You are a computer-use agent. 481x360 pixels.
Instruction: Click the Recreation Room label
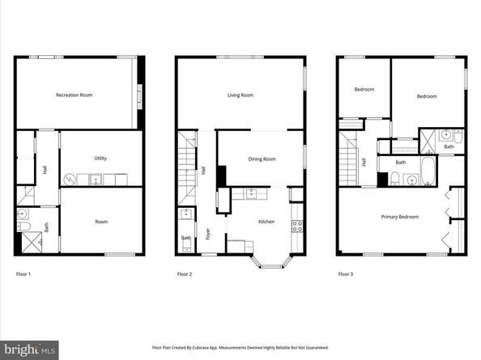click(x=74, y=95)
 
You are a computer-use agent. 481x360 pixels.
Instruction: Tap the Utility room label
click(x=100, y=159)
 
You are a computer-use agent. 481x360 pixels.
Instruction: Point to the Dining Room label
click(x=262, y=159)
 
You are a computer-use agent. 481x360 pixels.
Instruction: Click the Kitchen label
click(x=266, y=222)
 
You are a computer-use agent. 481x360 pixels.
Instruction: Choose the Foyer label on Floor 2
click(x=208, y=234)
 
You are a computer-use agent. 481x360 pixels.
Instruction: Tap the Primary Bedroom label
click(x=400, y=217)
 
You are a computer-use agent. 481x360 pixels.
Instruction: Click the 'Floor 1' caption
click(x=23, y=274)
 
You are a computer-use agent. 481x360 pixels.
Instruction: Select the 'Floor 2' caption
click(x=185, y=274)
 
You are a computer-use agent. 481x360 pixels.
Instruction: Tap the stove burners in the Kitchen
click(x=296, y=225)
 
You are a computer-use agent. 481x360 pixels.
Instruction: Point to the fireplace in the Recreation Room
click(x=138, y=96)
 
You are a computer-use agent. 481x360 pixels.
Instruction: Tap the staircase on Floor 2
click(x=187, y=166)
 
